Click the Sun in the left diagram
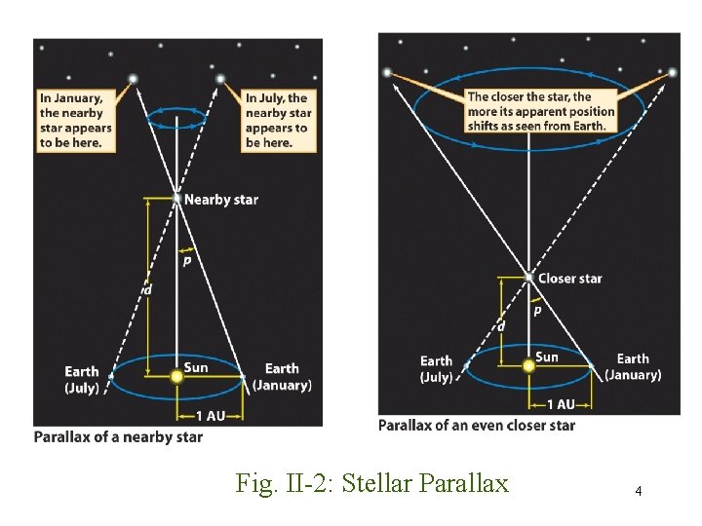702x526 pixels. pos(176,375)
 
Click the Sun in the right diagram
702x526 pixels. pos(528,365)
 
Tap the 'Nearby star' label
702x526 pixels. pos(221,200)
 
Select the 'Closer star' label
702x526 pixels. pos(569,279)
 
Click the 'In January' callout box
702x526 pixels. pos(75,120)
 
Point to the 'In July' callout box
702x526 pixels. pos(279,120)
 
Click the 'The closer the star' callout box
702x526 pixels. pos(541,111)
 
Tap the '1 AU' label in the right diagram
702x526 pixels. pos(561,403)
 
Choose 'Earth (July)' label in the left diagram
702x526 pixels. pos(81,379)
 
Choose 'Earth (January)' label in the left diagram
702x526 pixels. pos(282,377)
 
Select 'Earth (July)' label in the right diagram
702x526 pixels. pos(436,369)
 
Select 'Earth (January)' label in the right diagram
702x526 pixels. pos(633,367)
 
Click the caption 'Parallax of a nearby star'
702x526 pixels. pos(119,437)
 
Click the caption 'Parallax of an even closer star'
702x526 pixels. pos(477,426)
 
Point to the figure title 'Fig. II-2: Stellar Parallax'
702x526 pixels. pos(372,482)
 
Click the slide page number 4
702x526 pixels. pos(638,491)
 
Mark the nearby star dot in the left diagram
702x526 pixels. pos(176,199)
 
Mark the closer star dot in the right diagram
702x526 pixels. pos(528,278)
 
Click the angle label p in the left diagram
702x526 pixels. pos(185,260)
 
